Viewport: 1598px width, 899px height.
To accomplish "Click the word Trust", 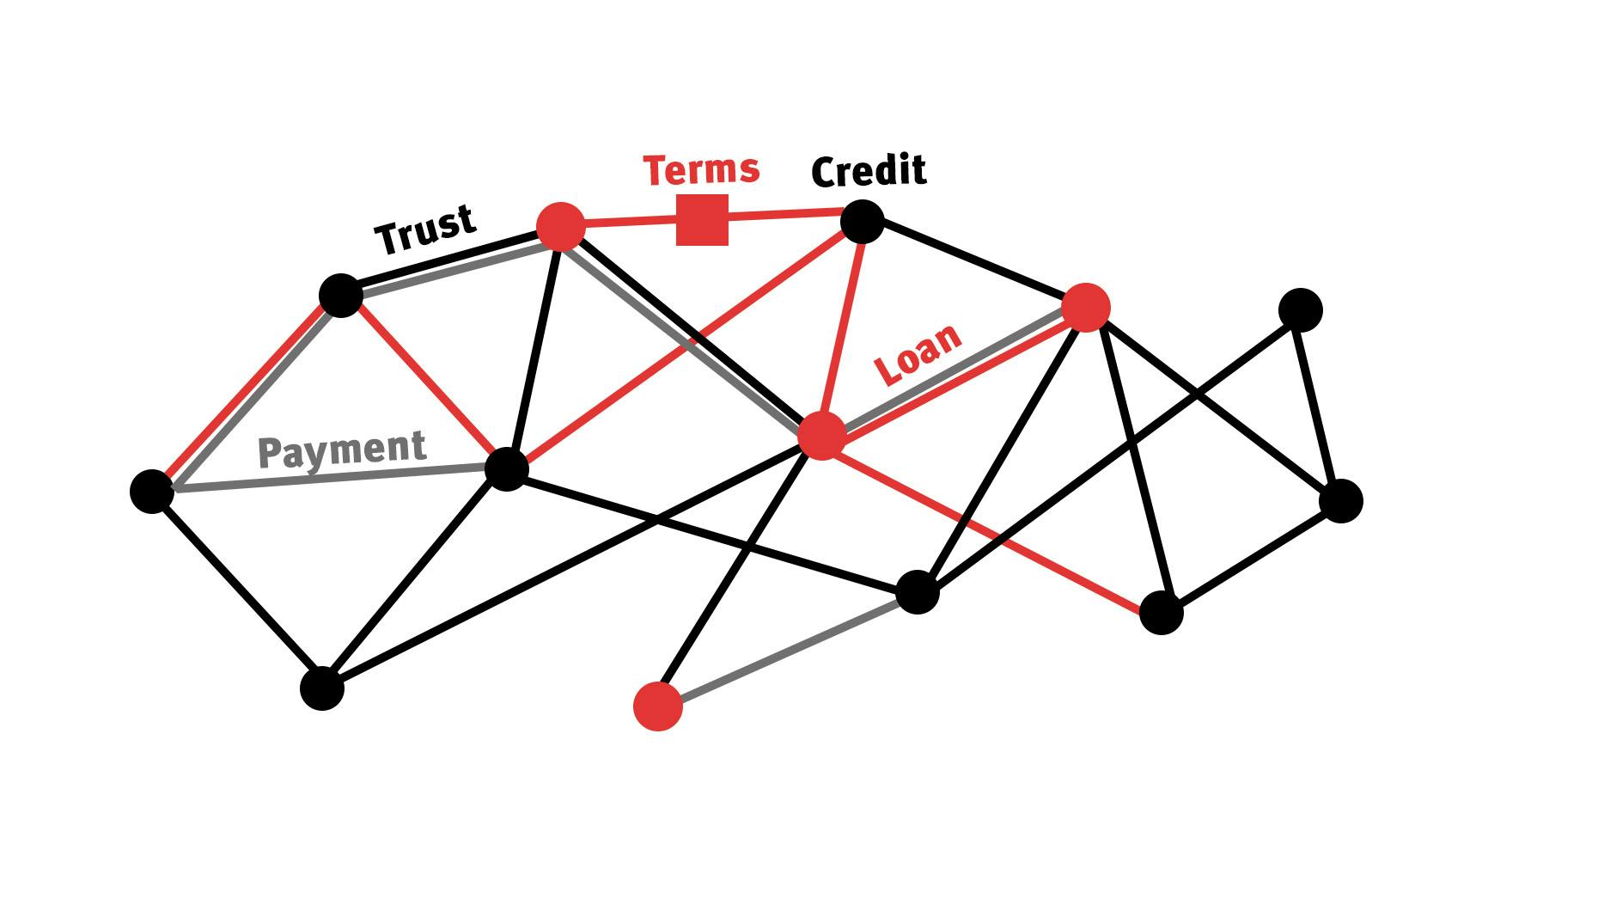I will click(x=425, y=229).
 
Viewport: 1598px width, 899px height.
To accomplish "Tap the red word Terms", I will click(x=701, y=169).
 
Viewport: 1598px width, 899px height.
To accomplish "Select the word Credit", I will click(x=869, y=171).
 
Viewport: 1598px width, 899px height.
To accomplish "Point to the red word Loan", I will click(x=917, y=354).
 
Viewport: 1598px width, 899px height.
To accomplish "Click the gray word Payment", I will click(x=342, y=450).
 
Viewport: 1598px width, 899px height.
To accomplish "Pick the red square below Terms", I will click(x=702, y=220).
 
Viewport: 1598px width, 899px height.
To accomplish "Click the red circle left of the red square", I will click(x=560, y=227).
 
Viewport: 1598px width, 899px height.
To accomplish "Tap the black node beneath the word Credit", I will click(x=862, y=223).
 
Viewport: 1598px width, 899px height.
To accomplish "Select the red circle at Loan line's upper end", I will click(x=1086, y=308).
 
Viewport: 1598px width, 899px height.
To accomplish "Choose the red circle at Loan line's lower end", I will click(x=822, y=436).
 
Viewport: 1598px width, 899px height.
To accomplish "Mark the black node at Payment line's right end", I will click(x=506, y=468).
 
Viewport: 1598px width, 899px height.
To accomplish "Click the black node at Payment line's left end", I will click(x=152, y=492).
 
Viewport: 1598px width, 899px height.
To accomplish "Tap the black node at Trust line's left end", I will click(x=341, y=296).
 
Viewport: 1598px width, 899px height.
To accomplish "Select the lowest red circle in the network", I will click(x=658, y=706).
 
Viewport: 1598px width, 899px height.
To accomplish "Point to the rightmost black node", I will click(x=1340, y=501).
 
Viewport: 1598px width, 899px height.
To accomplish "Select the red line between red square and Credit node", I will click(x=784, y=214).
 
